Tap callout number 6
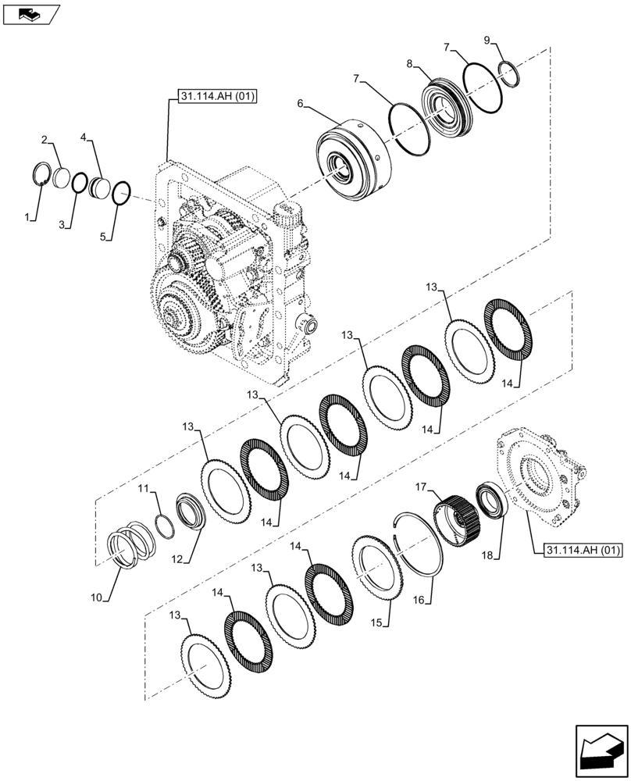coord(301,103)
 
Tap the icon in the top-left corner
coord(30,12)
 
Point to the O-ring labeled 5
coord(122,192)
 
